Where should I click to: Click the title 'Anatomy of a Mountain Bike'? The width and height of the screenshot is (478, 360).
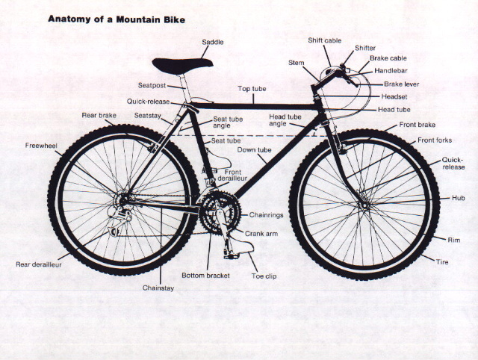[x=117, y=19]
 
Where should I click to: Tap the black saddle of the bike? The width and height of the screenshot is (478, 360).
[x=182, y=66]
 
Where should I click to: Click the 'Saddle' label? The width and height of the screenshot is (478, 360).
[x=213, y=42]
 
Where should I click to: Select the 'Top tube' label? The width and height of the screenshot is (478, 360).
[x=252, y=89]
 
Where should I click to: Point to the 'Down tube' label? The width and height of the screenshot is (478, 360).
[x=254, y=150]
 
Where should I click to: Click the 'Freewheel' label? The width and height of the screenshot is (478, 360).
[x=41, y=146]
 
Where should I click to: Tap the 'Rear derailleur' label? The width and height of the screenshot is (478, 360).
[x=39, y=264]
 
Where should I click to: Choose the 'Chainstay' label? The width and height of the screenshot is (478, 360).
[x=158, y=288]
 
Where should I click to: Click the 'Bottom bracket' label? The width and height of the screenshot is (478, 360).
[x=205, y=276]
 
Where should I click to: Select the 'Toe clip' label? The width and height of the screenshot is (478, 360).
[x=264, y=276]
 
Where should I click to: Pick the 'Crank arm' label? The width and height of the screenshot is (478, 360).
[x=261, y=234]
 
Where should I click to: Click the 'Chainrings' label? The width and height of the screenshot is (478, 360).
[x=266, y=215]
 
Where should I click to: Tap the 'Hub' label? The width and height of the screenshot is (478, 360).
[x=458, y=198]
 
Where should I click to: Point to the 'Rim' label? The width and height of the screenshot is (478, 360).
[x=453, y=240]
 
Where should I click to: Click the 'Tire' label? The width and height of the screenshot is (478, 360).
[x=442, y=262]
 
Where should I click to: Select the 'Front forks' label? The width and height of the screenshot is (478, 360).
[x=435, y=140]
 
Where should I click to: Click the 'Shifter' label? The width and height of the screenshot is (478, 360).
[x=365, y=48]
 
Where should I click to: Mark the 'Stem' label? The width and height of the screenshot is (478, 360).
[x=297, y=63]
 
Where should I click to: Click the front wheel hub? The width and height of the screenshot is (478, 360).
[x=364, y=205]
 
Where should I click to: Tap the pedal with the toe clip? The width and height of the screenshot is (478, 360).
[x=232, y=255]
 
